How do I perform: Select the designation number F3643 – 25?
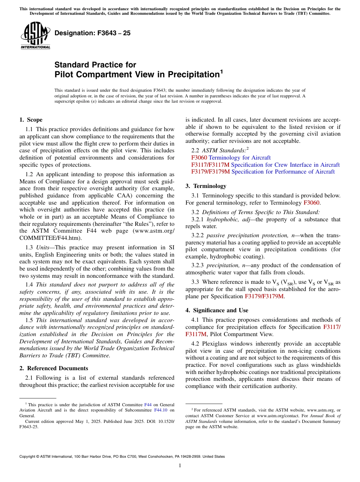pos(92,33)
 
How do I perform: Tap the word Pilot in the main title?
pos(66,74)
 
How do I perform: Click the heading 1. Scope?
pos(31,120)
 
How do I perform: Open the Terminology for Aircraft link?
pos(239,158)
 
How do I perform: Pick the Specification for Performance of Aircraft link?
pos(283,172)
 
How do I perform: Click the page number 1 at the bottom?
pos(180,465)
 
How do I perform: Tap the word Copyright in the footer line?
pos(28,457)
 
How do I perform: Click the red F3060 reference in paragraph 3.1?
pos(311,203)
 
